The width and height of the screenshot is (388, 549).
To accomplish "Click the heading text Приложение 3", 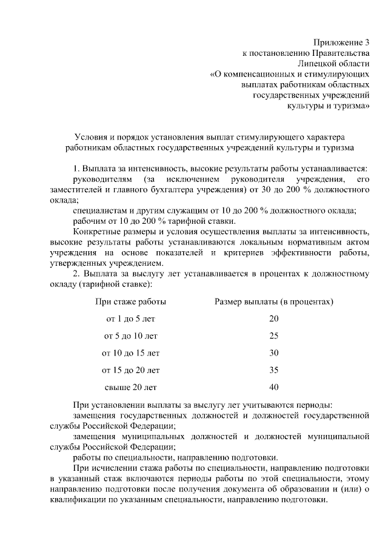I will point(341,42).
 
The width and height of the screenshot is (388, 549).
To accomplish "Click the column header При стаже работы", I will point(131,301).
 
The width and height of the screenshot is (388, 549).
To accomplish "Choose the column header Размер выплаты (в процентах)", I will point(274,301).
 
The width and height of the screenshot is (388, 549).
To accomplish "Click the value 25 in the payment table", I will point(273,335).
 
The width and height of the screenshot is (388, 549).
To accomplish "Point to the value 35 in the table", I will point(273,369).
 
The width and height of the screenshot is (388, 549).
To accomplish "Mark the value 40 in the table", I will point(273,386).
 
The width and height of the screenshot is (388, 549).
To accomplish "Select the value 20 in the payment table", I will point(273,318).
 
